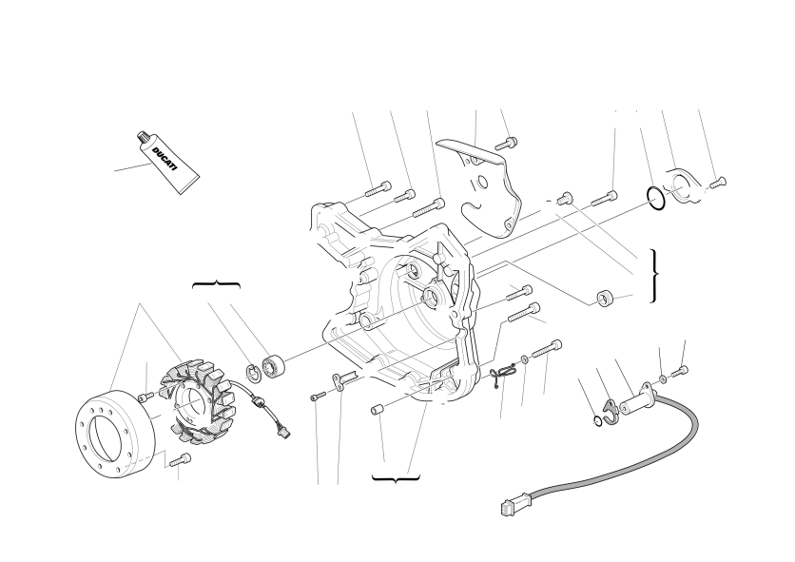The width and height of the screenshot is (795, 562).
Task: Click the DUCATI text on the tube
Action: (165, 159)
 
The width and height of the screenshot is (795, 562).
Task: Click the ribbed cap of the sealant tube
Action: (143, 136)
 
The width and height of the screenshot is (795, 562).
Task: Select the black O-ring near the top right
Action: (655, 198)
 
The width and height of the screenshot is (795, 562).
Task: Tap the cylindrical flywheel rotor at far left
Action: (114, 435)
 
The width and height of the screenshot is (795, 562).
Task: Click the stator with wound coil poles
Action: (199, 401)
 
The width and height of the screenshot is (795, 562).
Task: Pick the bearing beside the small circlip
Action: (274, 367)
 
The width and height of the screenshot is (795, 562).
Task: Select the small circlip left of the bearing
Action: (254, 373)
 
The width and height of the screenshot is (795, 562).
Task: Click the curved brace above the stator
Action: (216, 284)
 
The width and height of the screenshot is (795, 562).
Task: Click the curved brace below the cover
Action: (396, 477)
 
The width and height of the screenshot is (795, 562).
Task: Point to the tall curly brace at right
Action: (654, 276)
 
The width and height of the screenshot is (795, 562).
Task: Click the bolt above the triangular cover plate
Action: (506, 144)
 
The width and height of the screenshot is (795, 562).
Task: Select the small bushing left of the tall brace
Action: (605, 298)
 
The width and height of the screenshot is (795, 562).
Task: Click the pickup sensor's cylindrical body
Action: (637, 403)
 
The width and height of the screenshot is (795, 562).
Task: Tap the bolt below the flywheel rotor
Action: (181, 459)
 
